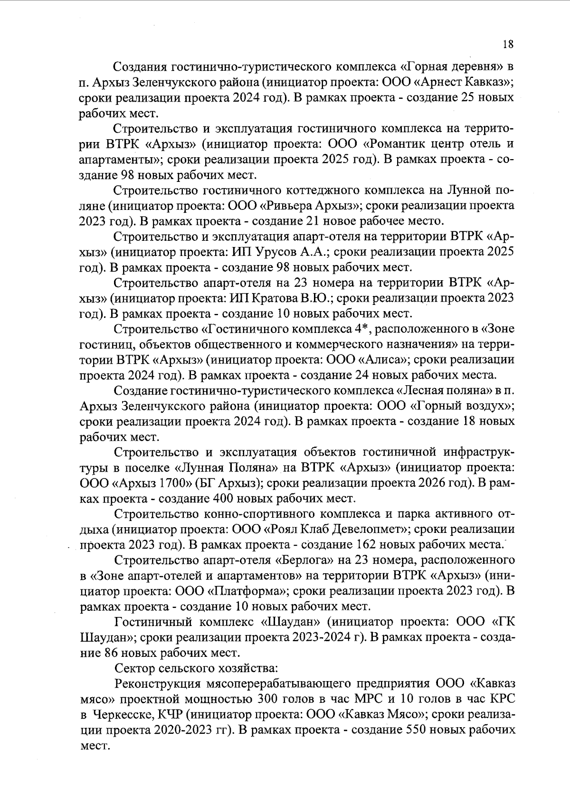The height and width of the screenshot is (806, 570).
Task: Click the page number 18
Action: click(507, 44)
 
